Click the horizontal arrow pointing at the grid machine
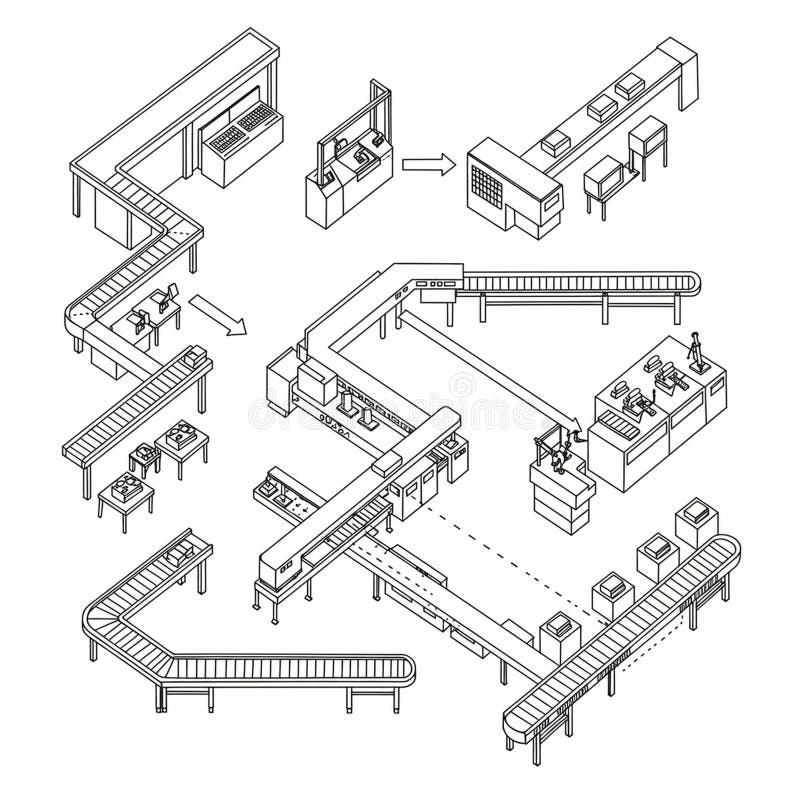pyautogui.click(x=428, y=165)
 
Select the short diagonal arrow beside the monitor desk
pyautogui.click(x=217, y=314)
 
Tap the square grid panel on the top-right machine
pyautogui.click(x=488, y=185)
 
